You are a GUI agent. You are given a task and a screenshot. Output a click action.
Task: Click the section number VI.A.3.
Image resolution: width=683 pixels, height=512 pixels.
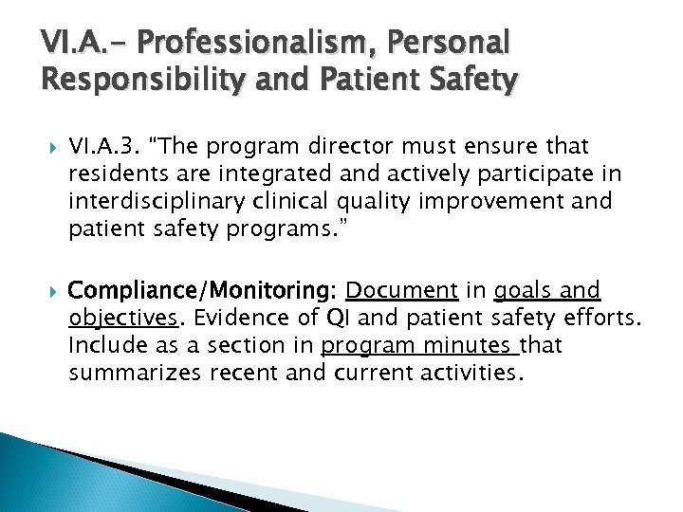click(x=103, y=147)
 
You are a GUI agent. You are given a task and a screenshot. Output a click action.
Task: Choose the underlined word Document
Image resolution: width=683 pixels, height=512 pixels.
click(x=401, y=291)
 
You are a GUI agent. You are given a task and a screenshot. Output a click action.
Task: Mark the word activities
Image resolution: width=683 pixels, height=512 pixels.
click(x=470, y=374)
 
